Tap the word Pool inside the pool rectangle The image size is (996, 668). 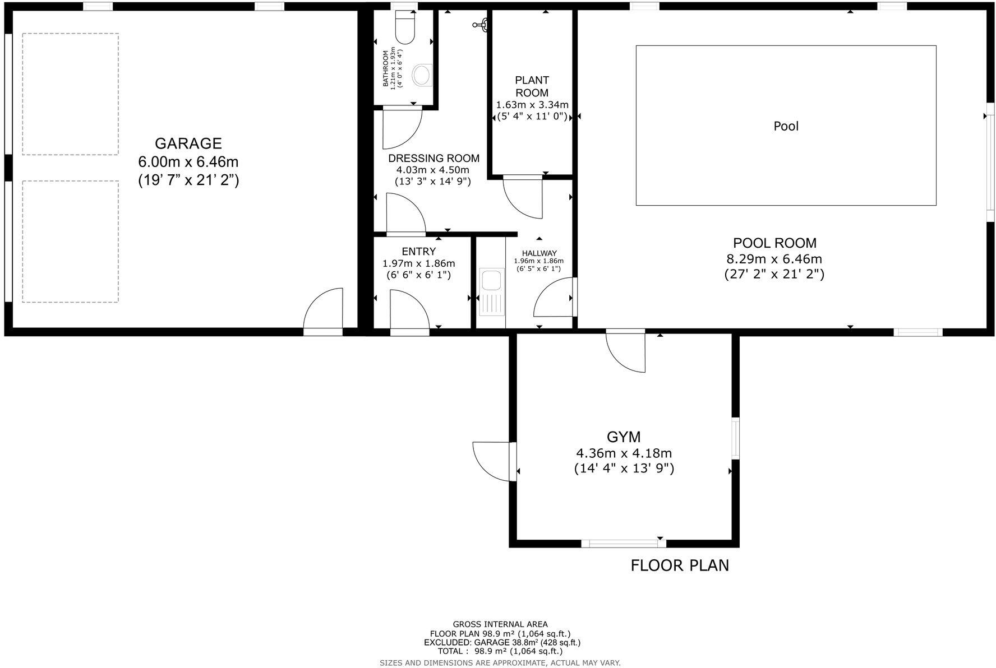[x=786, y=126]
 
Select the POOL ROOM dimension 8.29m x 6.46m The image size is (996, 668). [x=774, y=259]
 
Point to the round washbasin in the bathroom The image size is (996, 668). [x=422, y=75]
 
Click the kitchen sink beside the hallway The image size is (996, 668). [x=491, y=293]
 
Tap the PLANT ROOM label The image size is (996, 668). [x=532, y=86]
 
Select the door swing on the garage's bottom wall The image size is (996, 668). [x=324, y=309]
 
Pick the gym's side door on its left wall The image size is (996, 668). [x=492, y=461]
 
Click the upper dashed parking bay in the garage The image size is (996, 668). [x=70, y=94]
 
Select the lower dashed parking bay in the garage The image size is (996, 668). [x=70, y=241]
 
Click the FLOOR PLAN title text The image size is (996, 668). [x=680, y=565]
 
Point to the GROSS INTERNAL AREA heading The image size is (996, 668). [x=500, y=624]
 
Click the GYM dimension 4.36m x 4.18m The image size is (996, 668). [x=624, y=453]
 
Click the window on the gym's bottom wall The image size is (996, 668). [x=619, y=542]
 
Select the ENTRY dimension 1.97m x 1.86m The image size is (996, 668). [x=418, y=263]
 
